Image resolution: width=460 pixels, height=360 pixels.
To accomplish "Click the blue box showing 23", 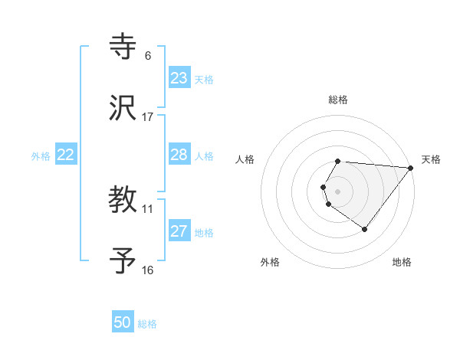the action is (x=179, y=78).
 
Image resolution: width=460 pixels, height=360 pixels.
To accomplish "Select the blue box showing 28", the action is (x=179, y=155).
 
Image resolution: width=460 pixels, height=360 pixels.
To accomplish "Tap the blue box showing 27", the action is (x=179, y=231).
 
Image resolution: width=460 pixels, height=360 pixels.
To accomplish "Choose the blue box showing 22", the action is (x=66, y=155).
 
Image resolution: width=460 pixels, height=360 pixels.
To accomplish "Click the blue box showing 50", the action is (x=123, y=322).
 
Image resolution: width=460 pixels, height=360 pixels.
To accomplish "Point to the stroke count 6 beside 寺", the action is (x=148, y=56).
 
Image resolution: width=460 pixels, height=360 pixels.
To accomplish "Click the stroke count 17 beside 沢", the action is (x=148, y=117).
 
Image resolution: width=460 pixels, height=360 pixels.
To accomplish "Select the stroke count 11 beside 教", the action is (x=148, y=208).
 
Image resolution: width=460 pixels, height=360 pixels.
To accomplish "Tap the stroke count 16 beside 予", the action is (x=148, y=270).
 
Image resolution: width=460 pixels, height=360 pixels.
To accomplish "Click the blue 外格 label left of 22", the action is (x=41, y=156).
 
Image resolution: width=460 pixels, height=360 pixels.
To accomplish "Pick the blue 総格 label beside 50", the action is (x=147, y=324).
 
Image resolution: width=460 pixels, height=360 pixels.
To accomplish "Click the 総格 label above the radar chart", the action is (x=338, y=100).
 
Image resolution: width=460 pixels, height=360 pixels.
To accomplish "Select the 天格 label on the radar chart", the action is (x=432, y=159).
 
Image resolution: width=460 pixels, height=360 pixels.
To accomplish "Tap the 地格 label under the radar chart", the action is (x=402, y=263).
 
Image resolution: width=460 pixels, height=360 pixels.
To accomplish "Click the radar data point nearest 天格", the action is (x=411, y=168).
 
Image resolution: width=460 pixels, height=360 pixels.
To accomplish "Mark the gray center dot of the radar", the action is (x=338, y=191).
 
